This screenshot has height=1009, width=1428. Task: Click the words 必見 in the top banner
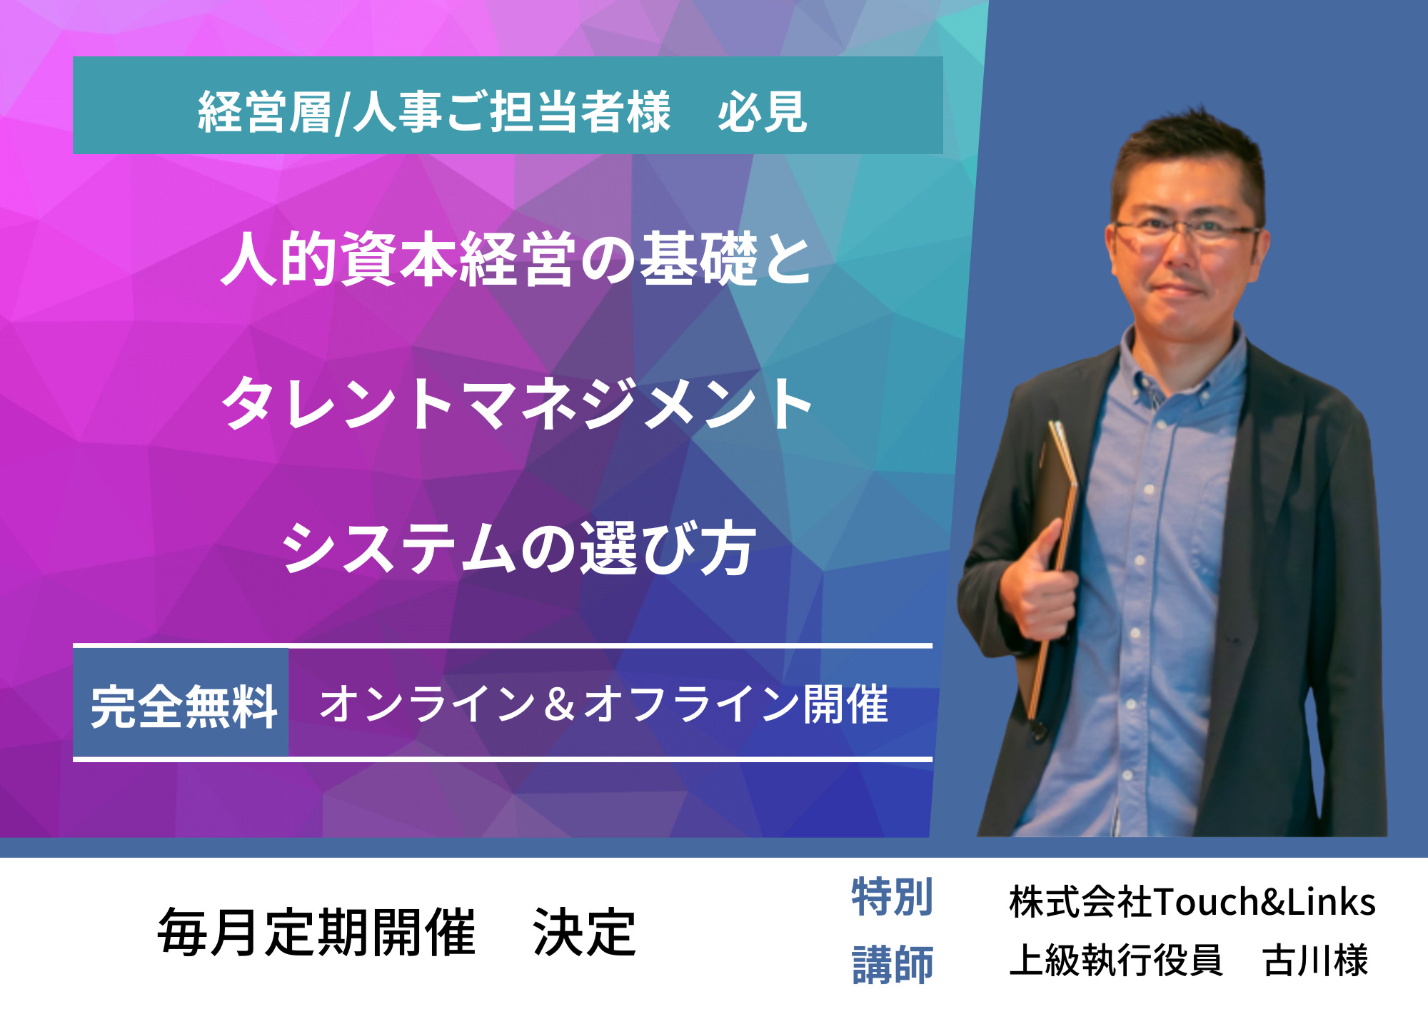(763, 112)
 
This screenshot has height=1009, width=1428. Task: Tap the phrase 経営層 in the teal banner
(265, 112)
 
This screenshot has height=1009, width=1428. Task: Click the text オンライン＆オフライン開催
(604, 704)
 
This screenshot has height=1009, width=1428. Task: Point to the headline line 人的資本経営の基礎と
(516, 260)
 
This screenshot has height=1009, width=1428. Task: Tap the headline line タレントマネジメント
(517, 404)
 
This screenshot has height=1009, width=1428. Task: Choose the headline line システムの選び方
(518, 547)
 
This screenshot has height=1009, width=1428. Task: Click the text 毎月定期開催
(316, 932)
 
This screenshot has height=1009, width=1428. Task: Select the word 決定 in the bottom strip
(584, 932)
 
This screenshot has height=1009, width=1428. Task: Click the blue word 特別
(892, 897)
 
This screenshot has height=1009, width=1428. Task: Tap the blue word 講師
(892, 964)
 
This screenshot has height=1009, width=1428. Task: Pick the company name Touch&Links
(1264, 901)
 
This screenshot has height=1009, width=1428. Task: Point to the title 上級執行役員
(1116, 960)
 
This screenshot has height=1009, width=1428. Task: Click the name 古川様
(1316, 960)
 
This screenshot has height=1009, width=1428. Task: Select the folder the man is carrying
(1050, 564)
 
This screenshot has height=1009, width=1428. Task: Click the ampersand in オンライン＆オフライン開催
(559, 704)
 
